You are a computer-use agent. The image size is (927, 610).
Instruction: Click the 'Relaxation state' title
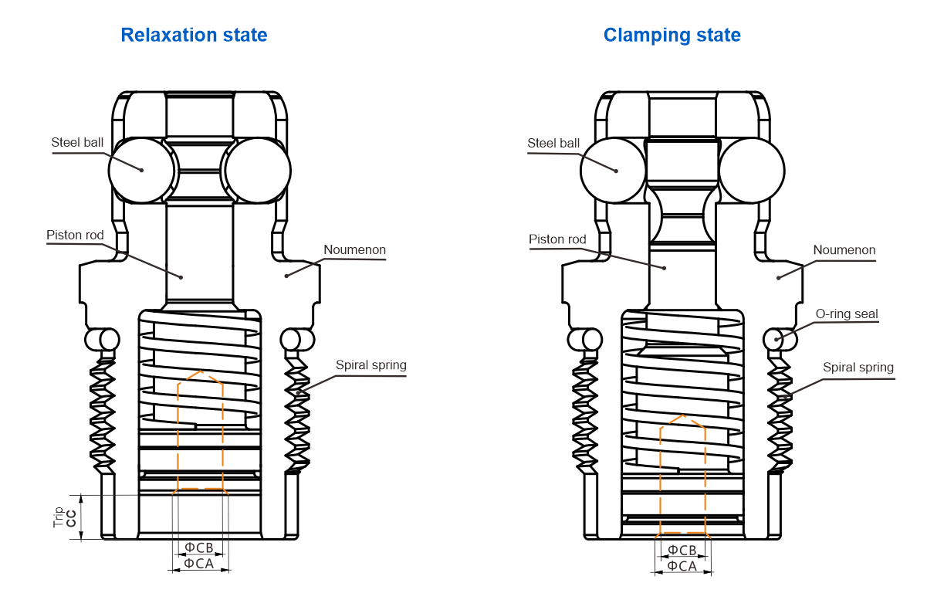tap(195, 35)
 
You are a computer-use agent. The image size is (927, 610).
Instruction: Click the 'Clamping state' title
tap(672, 35)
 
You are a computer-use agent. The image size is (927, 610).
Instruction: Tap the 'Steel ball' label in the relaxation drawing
tap(77, 142)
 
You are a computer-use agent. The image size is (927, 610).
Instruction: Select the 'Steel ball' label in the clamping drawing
tap(553, 143)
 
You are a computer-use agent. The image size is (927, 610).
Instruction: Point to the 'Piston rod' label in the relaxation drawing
tap(75, 235)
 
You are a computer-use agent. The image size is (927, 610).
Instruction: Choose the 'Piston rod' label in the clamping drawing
tap(557, 239)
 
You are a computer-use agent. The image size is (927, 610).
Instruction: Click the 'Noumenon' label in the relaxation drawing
tap(355, 250)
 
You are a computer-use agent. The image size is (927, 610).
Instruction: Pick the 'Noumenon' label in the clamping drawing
tap(844, 250)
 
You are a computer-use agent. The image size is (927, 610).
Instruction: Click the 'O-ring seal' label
tap(847, 313)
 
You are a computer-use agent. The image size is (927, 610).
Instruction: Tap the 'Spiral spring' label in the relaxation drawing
tap(371, 364)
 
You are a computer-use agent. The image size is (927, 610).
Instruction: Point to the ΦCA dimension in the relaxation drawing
tap(199, 564)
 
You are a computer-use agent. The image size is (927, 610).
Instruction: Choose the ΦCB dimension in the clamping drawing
tap(682, 550)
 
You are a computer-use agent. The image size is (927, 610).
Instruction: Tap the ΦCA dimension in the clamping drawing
tap(682, 566)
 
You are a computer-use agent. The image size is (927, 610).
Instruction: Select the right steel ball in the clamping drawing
tap(752, 171)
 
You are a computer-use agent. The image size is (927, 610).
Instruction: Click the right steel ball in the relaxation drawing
tap(256, 170)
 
